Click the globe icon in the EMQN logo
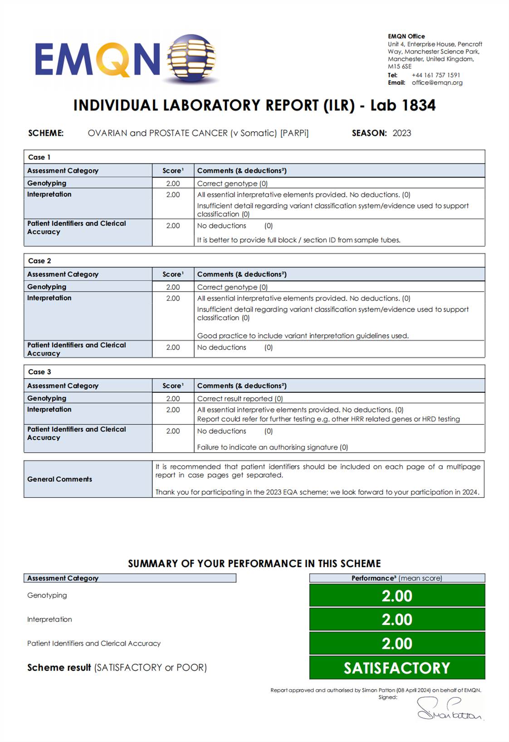click(191, 58)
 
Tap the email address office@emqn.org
click(437, 83)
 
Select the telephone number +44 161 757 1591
click(436, 75)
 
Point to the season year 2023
click(401, 133)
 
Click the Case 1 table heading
click(39, 157)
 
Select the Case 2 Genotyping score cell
click(173, 287)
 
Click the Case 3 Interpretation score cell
click(173, 410)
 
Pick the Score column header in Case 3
click(173, 386)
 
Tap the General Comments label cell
click(59, 479)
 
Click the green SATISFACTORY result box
click(397, 668)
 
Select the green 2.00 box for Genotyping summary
click(397, 596)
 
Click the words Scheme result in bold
click(59, 668)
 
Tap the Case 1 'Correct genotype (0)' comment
click(232, 183)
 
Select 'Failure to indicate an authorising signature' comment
click(272, 447)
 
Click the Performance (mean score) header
click(396, 578)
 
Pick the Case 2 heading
click(39, 261)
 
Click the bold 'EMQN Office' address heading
click(406, 36)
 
